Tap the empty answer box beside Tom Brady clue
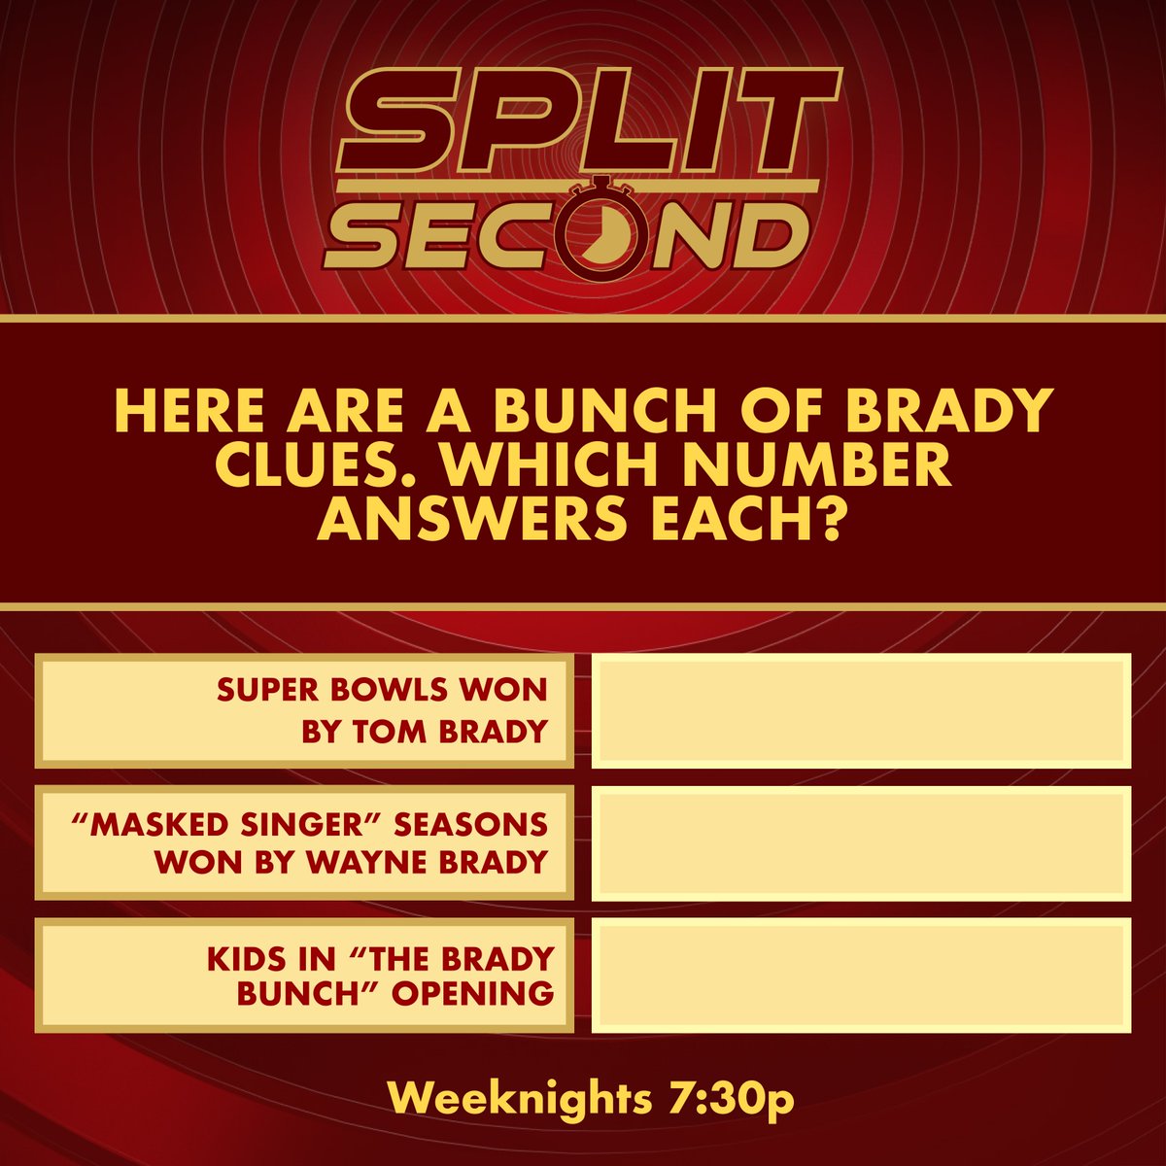[x=861, y=710]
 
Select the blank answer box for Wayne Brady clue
[x=861, y=842]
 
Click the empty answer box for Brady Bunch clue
[x=861, y=975]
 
